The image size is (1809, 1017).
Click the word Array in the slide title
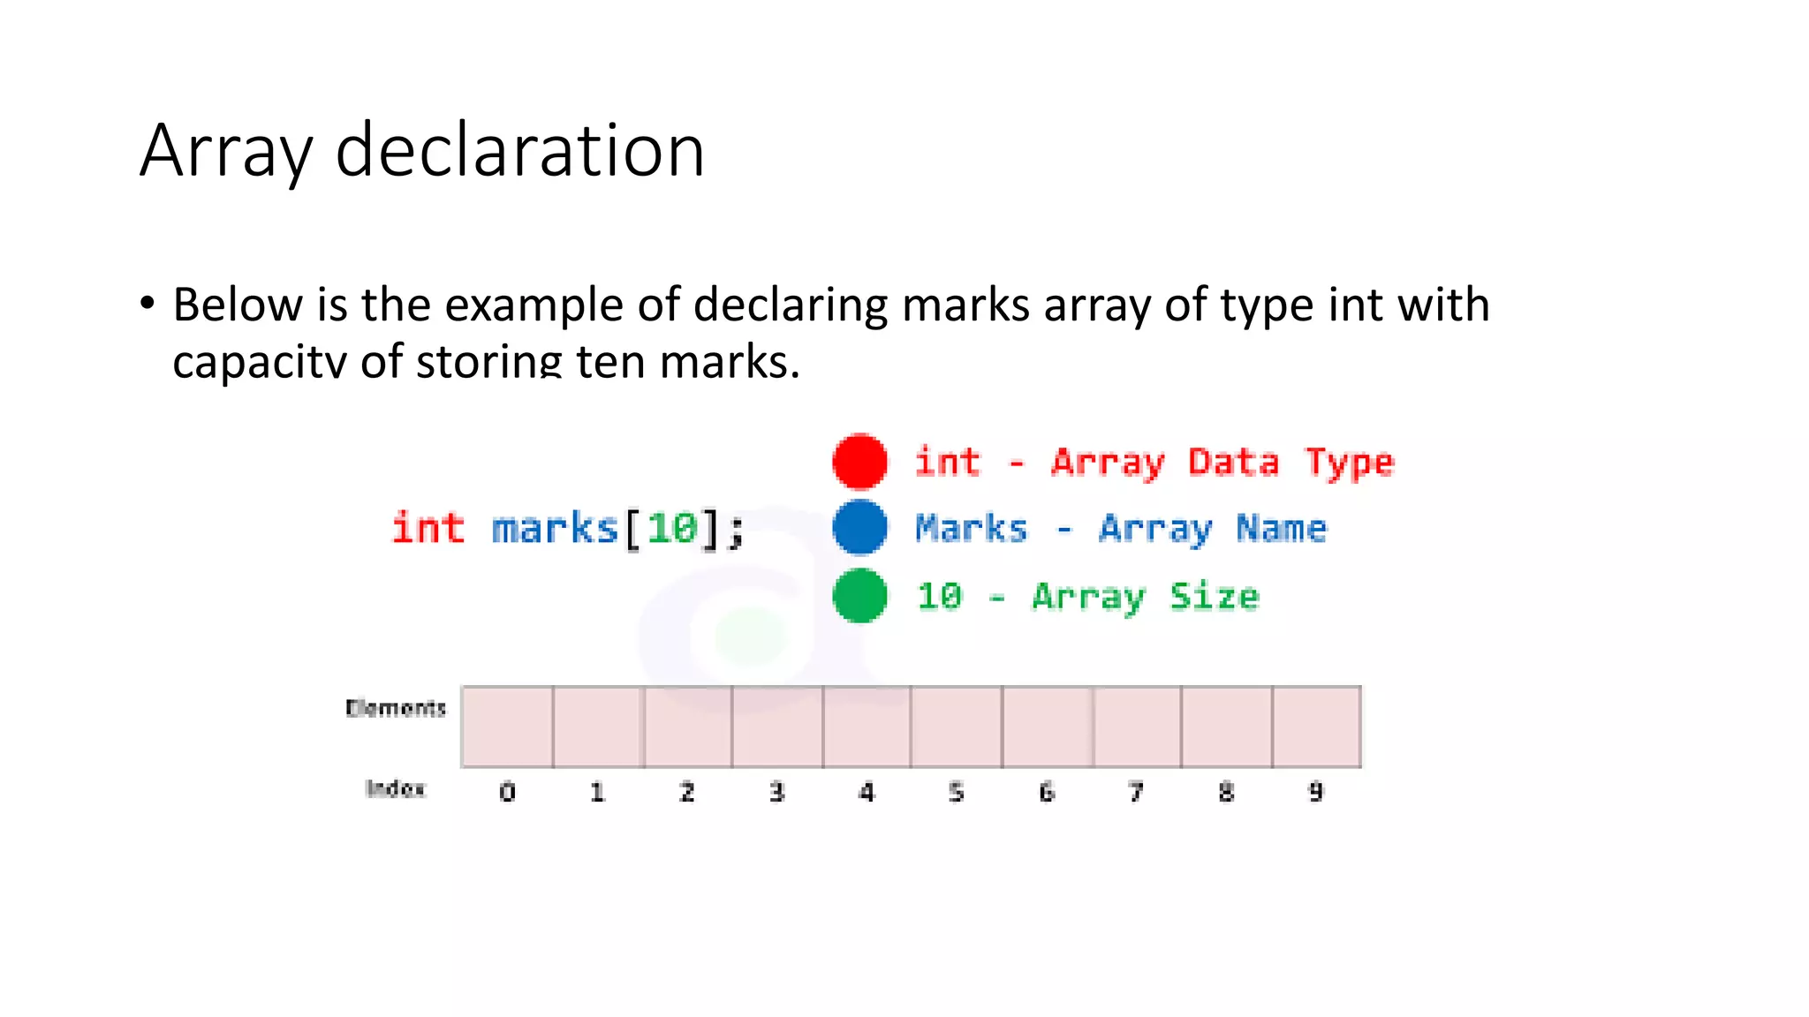point(226,152)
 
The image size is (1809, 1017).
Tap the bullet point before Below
point(148,304)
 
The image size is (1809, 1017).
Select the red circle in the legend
point(859,461)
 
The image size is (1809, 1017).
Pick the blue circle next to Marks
point(859,528)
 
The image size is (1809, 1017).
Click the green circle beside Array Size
point(859,596)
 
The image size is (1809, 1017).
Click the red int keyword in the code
point(428,528)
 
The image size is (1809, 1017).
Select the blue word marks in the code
point(554,529)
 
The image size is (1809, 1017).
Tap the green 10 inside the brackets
point(672,529)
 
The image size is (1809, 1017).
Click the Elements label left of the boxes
point(396,708)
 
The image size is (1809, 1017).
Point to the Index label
point(395,788)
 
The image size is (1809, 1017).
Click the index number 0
point(507,792)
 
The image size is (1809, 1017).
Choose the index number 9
point(1316,792)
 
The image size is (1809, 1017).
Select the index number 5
point(957,792)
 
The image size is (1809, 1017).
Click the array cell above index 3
point(777,727)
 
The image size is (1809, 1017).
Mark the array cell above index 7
point(1137,727)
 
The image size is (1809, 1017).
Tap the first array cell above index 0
point(507,727)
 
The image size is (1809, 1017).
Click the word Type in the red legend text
point(1349,463)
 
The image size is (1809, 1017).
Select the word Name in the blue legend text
point(1281,529)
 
